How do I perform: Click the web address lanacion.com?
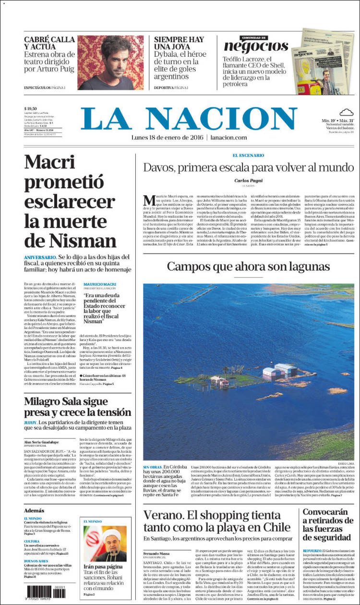pyautogui.click(x=228, y=138)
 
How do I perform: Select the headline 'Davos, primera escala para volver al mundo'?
pyautogui.click(x=249, y=168)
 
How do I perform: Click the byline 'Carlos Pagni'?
pyautogui.click(x=248, y=181)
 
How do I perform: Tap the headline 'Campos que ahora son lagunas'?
pyautogui.click(x=248, y=267)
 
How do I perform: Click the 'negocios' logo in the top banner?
pyautogui.click(x=256, y=46)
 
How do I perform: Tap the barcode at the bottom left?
pyautogui.click(x=46, y=591)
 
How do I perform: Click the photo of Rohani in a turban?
pyautogui.click(x=105, y=543)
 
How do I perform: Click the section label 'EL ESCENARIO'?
pyautogui.click(x=248, y=156)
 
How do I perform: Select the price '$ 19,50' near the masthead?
pyautogui.click(x=31, y=109)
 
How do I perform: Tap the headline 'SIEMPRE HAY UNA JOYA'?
pyautogui.click(x=179, y=45)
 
